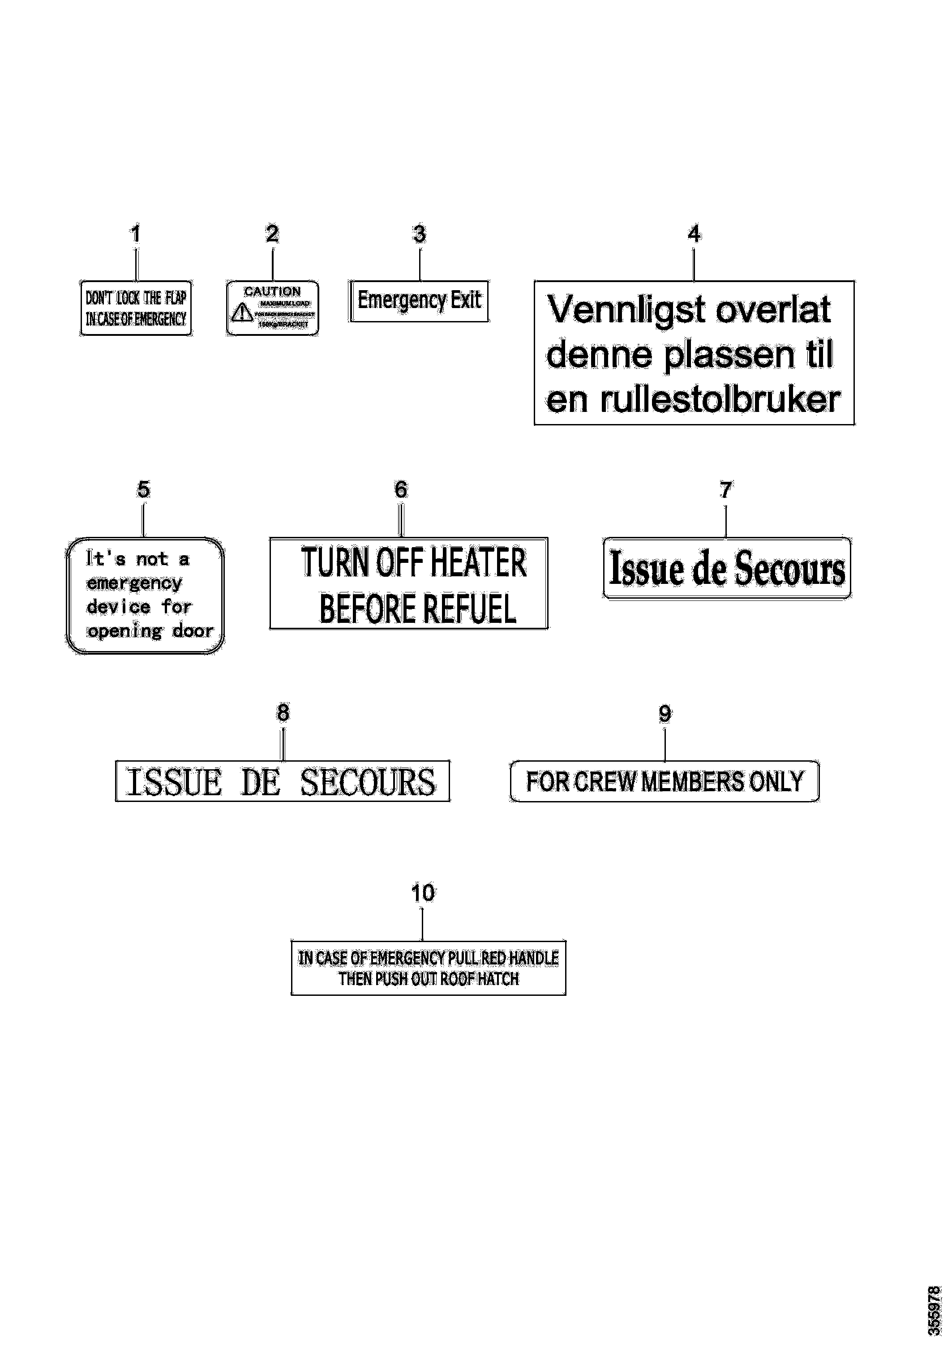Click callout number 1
tap(135, 235)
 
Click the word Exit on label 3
tap(466, 300)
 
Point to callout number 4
tap(694, 235)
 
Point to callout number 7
tap(726, 489)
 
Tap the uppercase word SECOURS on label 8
tap(368, 782)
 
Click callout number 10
tap(423, 893)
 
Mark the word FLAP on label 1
tap(175, 298)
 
